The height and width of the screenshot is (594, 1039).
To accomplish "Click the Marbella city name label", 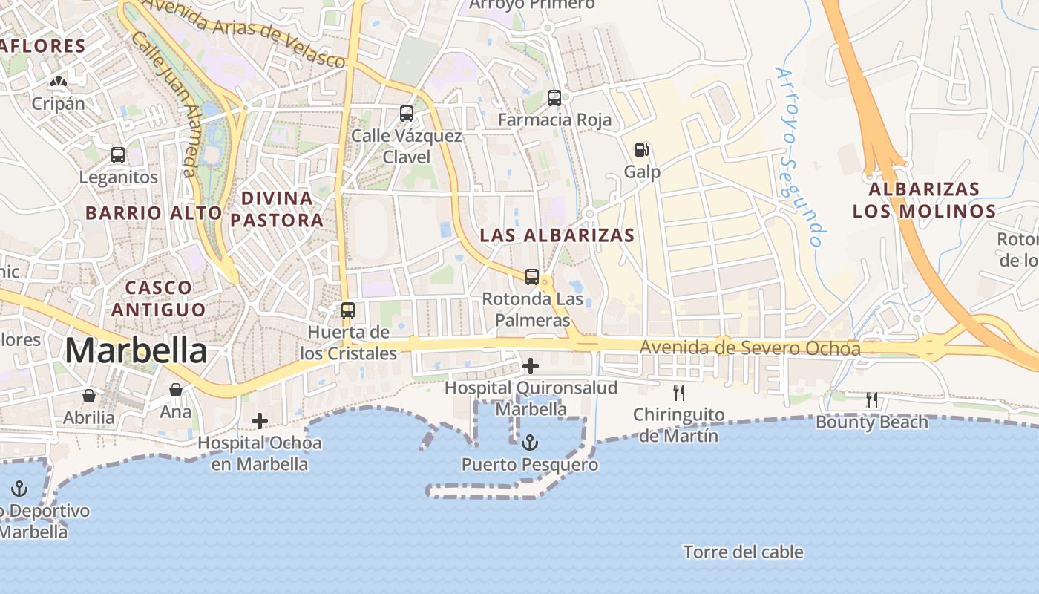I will (x=136, y=350).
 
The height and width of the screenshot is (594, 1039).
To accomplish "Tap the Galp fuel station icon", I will (x=641, y=150).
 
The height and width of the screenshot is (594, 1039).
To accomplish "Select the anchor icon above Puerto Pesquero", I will (x=530, y=443).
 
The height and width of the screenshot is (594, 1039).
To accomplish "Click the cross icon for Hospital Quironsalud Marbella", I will (x=531, y=365).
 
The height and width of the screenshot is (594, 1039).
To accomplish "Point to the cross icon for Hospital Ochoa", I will (x=260, y=421).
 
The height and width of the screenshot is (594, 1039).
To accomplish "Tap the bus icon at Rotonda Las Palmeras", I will (x=532, y=277).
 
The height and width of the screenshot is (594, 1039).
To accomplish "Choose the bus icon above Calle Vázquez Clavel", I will (x=407, y=114).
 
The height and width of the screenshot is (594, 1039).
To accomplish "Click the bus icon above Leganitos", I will (x=118, y=155).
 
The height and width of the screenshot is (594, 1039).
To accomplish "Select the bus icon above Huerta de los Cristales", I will (x=348, y=310).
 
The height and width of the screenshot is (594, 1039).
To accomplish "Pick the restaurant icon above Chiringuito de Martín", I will (x=678, y=392).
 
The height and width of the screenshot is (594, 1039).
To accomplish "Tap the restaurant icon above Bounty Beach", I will (x=872, y=400).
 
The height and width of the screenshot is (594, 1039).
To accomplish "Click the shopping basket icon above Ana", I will (x=176, y=390).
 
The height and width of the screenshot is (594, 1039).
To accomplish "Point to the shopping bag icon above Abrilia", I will (x=89, y=395).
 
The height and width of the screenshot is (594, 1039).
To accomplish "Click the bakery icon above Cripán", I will (x=58, y=81).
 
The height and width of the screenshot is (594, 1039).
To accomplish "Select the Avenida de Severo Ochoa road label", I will (x=750, y=348).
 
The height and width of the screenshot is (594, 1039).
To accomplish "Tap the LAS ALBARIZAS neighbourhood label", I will (x=557, y=235).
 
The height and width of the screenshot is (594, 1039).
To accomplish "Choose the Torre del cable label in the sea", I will (x=743, y=552).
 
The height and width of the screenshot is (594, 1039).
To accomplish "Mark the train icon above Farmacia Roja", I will (x=554, y=97).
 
